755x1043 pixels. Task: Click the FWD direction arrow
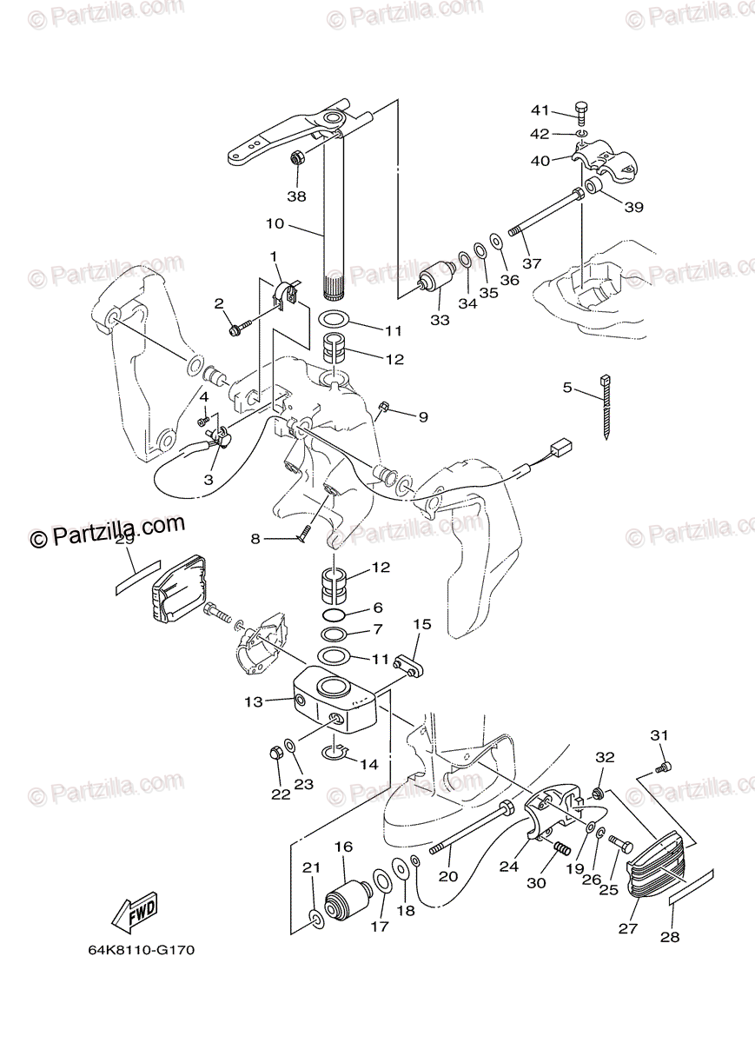(x=135, y=912)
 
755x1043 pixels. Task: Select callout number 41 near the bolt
(x=541, y=110)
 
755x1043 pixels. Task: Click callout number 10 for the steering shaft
(x=275, y=223)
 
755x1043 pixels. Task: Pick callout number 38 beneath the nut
(x=296, y=196)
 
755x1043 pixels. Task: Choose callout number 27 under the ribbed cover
(x=628, y=928)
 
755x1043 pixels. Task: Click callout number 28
(x=669, y=937)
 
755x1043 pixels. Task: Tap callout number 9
(x=423, y=417)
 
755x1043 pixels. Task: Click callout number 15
(x=421, y=624)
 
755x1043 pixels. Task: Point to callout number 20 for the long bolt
(x=447, y=876)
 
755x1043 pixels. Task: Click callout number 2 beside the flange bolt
(x=219, y=303)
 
